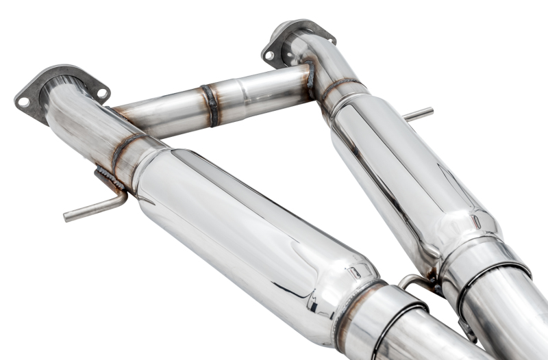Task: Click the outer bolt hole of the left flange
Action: (x=23, y=102)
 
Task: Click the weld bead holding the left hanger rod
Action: (x=110, y=179)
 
